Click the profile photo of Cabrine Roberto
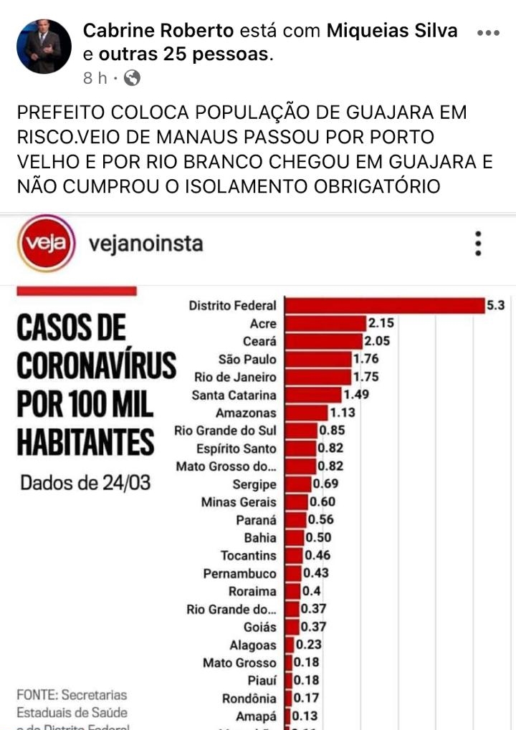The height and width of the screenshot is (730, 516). pyautogui.click(x=44, y=47)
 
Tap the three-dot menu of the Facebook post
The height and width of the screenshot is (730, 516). pyautogui.click(x=488, y=33)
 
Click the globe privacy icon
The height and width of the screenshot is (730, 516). pyautogui.click(x=132, y=77)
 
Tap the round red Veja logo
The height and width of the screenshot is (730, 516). pyautogui.click(x=47, y=244)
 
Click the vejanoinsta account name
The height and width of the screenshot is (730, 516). pyautogui.click(x=145, y=244)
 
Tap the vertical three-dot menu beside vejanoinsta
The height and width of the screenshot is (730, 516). pyautogui.click(x=478, y=244)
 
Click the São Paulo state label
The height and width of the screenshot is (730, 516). pyautogui.click(x=247, y=359)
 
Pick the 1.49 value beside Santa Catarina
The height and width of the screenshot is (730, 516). pyautogui.click(x=357, y=395)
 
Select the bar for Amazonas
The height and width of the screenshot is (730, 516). pyautogui.click(x=305, y=413)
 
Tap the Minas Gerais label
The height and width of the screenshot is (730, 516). pyautogui.click(x=238, y=502)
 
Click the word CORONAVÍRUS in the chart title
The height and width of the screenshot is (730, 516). pyautogui.click(x=96, y=366)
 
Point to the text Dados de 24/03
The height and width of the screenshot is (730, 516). pyautogui.click(x=85, y=482)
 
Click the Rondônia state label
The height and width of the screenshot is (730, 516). pyautogui.click(x=249, y=698)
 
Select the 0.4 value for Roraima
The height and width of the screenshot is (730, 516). pyautogui.click(x=312, y=591)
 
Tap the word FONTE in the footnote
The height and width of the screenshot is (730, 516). pyautogui.click(x=37, y=695)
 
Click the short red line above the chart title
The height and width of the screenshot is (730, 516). pyautogui.click(x=76, y=291)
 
